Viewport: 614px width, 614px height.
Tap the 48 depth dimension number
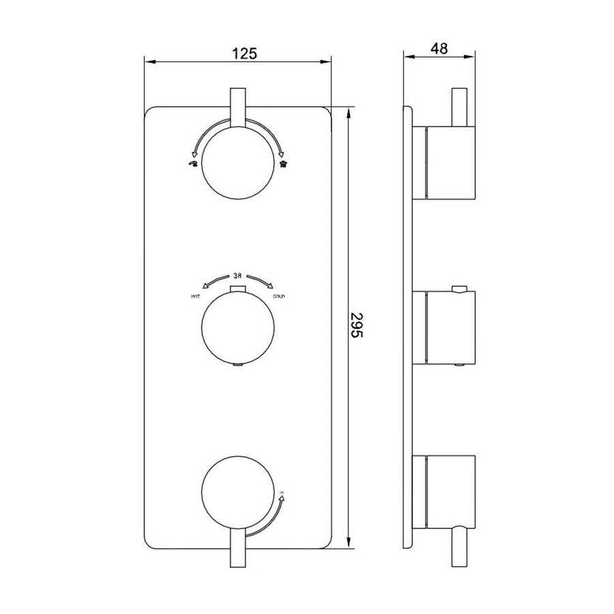point(439,48)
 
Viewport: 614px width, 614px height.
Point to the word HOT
point(195,296)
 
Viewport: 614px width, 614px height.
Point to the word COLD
point(279,296)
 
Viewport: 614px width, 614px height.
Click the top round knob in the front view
point(237,163)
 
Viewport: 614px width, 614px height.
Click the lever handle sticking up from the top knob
point(237,106)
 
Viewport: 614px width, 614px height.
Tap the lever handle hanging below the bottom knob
point(237,549)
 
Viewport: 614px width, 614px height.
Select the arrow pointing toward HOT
point(213,281)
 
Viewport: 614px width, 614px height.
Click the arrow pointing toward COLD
point(262,281)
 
